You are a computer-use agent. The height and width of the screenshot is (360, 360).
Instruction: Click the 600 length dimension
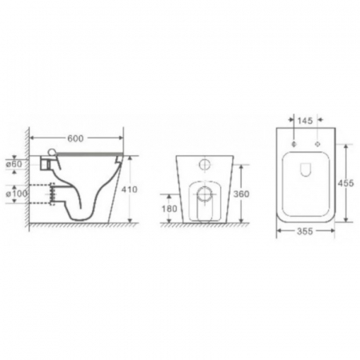point(75,138)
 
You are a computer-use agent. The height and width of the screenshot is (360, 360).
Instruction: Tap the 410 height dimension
point(130,190)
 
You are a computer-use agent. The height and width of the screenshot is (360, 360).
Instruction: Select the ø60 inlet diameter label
point(14,164)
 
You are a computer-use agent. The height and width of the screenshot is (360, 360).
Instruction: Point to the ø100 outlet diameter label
point(17,194)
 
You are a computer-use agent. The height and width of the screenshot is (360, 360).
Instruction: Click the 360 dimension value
point(242,194)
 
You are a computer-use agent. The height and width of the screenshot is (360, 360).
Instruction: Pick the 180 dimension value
point(170,209)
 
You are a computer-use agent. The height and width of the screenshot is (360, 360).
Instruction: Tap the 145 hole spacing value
point(305,121)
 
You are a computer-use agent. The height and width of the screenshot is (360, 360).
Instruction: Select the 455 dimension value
point(346,183)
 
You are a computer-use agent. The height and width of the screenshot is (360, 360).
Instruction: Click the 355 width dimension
point(305,231)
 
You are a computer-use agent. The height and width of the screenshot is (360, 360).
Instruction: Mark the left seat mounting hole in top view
point(294,144)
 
